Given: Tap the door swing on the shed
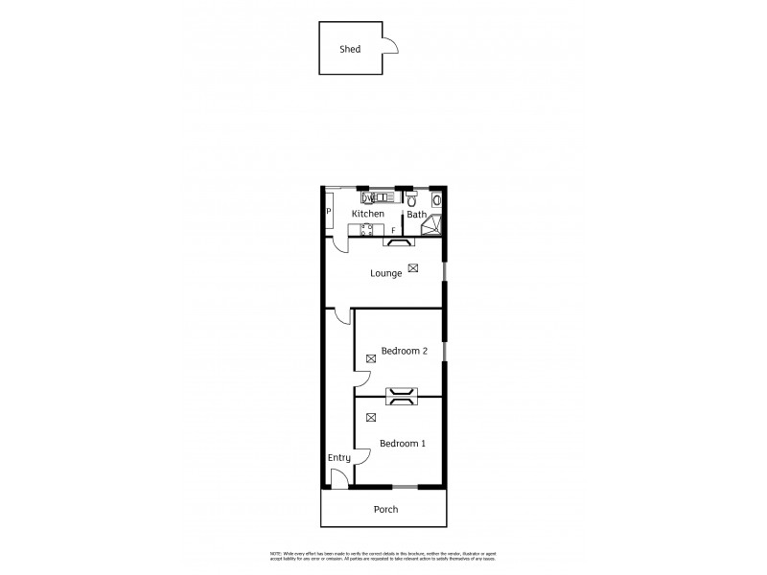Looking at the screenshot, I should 390,42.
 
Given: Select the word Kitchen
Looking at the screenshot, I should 368,214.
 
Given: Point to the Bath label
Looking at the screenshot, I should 416,215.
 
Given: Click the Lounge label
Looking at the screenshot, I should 386,273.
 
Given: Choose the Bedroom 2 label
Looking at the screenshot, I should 404,352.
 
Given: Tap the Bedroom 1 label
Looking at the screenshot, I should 403,444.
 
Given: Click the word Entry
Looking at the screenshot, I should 339,458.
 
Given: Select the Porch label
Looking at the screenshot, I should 384,509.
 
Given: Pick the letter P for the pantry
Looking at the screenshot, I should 329,212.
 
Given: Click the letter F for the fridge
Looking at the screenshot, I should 393,230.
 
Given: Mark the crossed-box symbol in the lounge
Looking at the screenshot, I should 413,268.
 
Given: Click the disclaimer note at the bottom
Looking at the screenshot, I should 383,558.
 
